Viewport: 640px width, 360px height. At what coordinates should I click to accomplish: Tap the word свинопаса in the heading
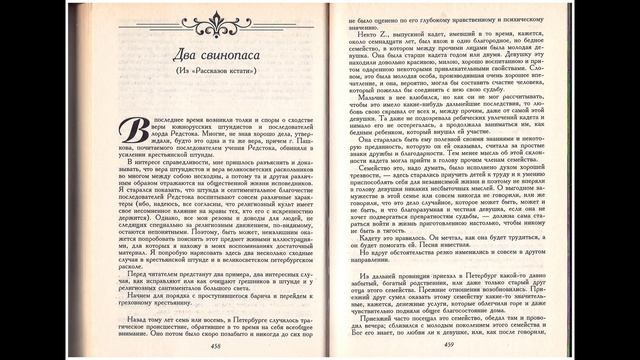point(226,53)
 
